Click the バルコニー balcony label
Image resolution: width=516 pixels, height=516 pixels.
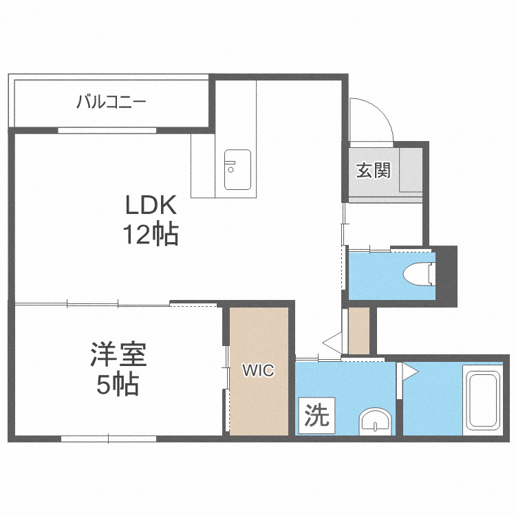(x=111, y=102)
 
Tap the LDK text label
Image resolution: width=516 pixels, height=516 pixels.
(x=151, y=205)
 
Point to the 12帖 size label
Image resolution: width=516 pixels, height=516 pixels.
(x=151, y=234)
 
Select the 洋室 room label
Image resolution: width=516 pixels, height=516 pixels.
(x=118, y=354)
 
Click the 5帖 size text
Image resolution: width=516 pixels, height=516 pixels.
(x=118, y=384)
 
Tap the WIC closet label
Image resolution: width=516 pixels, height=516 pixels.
(x=258, y=370)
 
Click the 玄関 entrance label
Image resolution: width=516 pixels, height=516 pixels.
(x=373, y=170)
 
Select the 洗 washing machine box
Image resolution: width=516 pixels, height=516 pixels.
(x=316, y=416)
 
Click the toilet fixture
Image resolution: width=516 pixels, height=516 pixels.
(x=419, y=273)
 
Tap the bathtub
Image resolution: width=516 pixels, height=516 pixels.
(x=483, y=400)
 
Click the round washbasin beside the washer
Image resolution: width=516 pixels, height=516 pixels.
(x=375, y=422)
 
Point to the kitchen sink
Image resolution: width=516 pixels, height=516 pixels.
(x=237, y=169)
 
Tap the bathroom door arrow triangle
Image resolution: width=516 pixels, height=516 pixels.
(x=410, y=372)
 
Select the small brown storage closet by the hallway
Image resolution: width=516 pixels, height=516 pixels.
(x=358, y=331)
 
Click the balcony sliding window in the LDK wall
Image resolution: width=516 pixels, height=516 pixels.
(x=107, y=130)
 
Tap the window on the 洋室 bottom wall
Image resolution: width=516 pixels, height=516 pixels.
(x=109, y=439)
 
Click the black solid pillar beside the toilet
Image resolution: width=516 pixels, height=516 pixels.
(x=447, y=277)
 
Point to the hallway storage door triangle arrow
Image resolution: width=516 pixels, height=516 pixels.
(x=332, y=343)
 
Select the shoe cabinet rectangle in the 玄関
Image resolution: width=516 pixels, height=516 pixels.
(x=411, y=170)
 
